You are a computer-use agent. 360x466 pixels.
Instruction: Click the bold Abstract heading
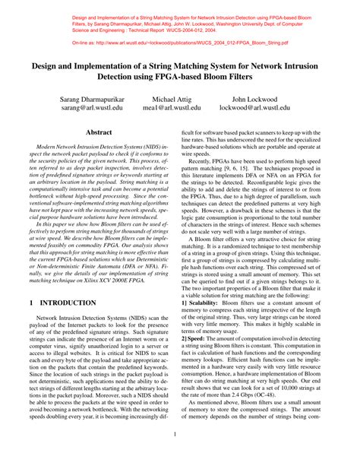(98, 132)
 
